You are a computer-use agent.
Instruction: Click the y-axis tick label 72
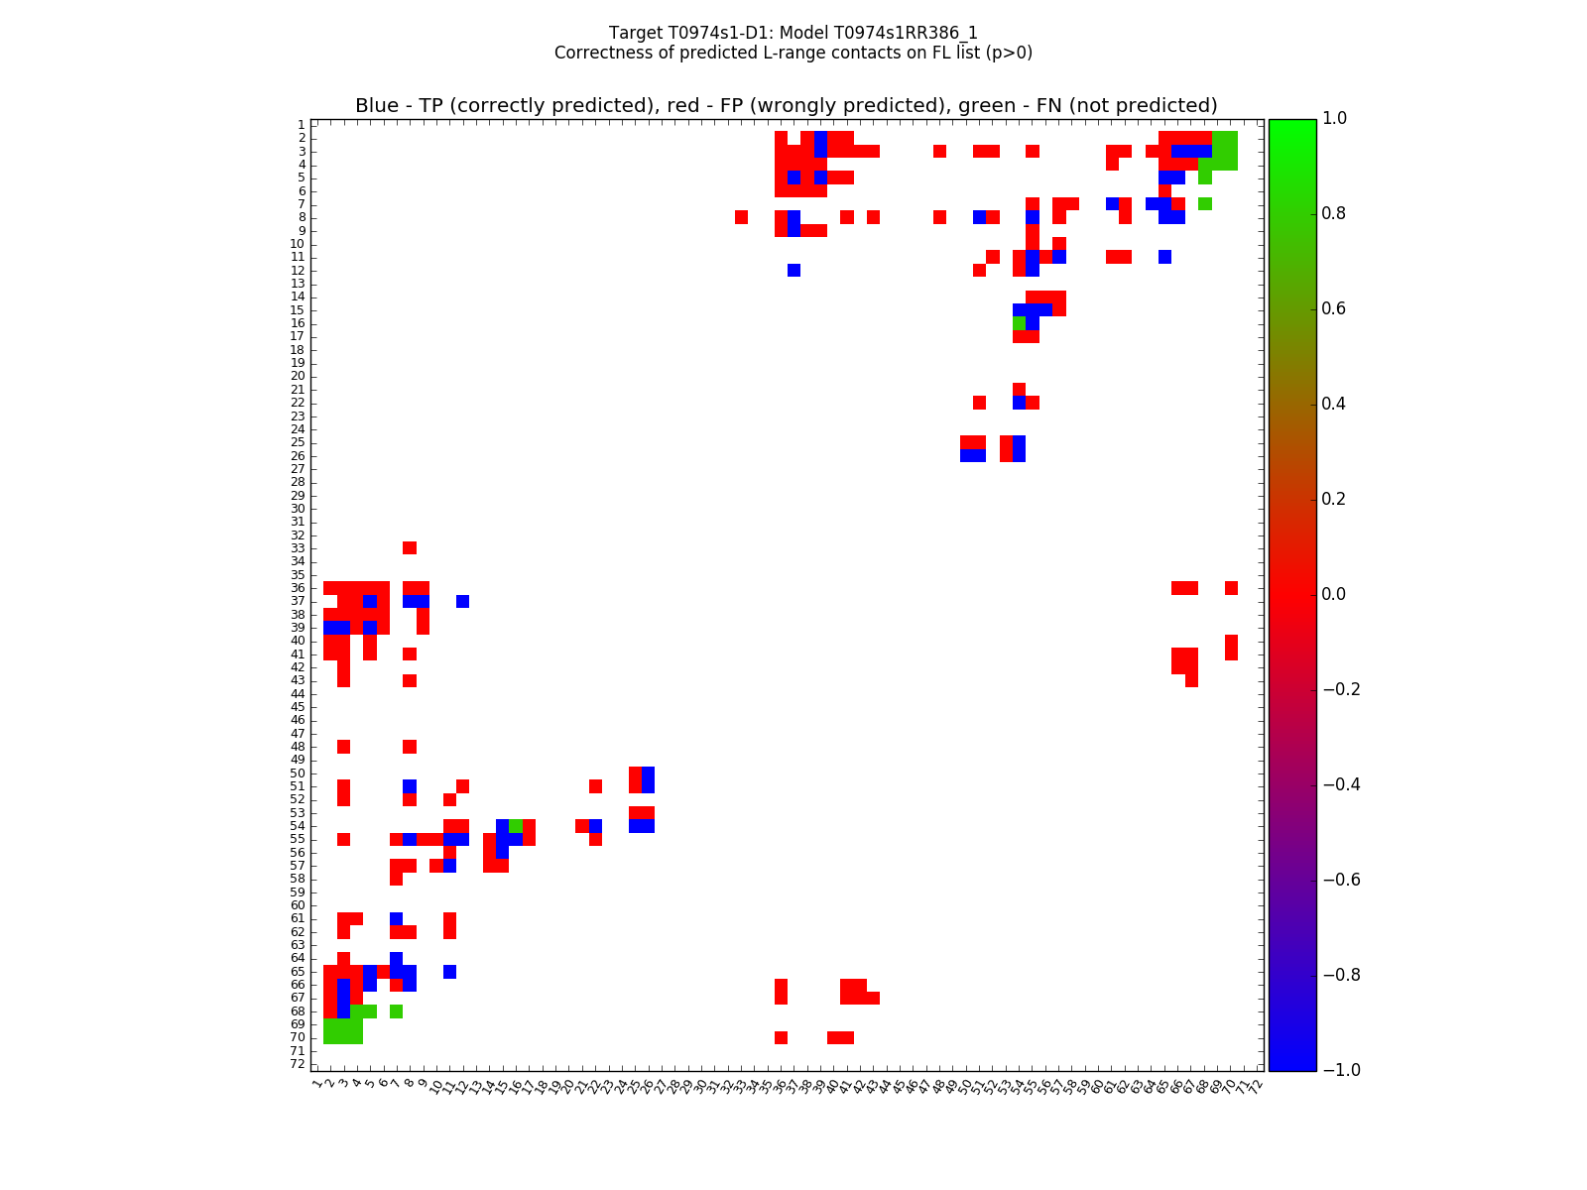tap(298, 1064)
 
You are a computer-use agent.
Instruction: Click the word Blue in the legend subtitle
tap(377, 106)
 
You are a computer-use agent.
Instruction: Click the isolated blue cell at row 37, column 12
tap(463, 601)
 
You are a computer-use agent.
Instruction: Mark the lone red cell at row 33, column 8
tap(410, 548)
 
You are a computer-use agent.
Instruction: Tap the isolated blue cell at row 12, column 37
tap(793, 270)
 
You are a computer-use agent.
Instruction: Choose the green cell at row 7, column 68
tap(1205, 204)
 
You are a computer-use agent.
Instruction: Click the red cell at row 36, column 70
tap(1231, 588)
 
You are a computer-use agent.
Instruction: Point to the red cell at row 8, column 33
tap(741, 217)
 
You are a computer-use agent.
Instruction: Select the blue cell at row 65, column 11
tap(449, 972)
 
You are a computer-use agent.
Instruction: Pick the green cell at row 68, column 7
tap(397, 1011)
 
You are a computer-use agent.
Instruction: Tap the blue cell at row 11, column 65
tap(1164, 257)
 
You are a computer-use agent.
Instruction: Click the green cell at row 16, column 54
tap(1019, 323)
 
